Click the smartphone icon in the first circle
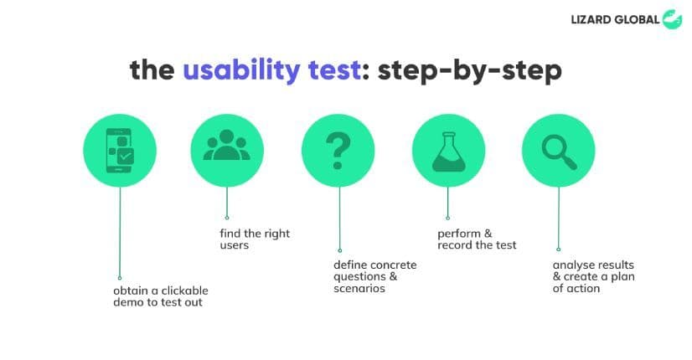[120, 151]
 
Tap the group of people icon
[227, 145]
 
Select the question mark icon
[338, 152]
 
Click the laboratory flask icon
[448, 152]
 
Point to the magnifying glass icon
[559, 152]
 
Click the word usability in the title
[241, 70]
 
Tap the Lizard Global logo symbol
[672, 19]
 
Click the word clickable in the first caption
[184, 291]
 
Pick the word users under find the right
[235, 245]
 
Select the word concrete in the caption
[392, 265]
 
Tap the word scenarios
[359, 289]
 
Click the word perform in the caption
[459, 234]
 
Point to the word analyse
[571, 265]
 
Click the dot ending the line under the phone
[120, 278]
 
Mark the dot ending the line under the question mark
[340, 250]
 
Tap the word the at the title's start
[152, 70]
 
